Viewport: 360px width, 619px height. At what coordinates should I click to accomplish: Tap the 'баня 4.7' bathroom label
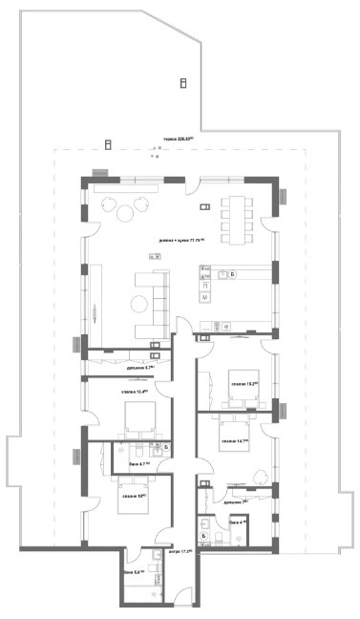pyautogui.click(x=125, y=463)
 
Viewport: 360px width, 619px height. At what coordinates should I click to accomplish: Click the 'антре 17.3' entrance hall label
pyautogui.click(x=180, y=552)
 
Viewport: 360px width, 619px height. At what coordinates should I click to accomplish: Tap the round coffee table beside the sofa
pyautogui.click(x=138, y=304)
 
